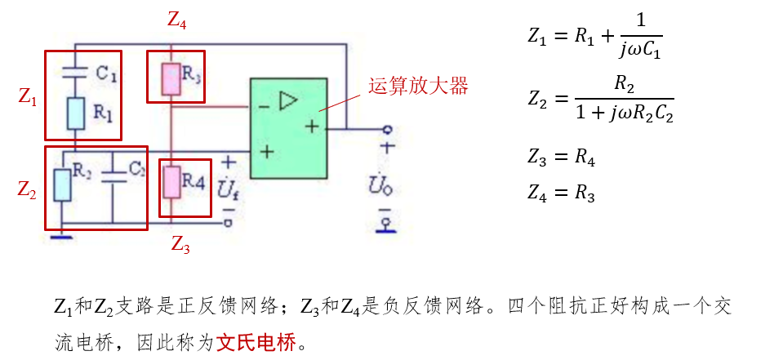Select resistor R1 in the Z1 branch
pos(75,113)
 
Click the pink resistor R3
pos(170,78)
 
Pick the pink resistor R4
pos(171,181)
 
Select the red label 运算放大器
pos(418,85)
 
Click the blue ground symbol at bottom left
pos(61,237)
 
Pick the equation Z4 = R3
pos(561,194)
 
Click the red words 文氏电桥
pos(256,342)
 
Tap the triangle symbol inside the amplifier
pos(288,100)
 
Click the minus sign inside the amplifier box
pos(264,107)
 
